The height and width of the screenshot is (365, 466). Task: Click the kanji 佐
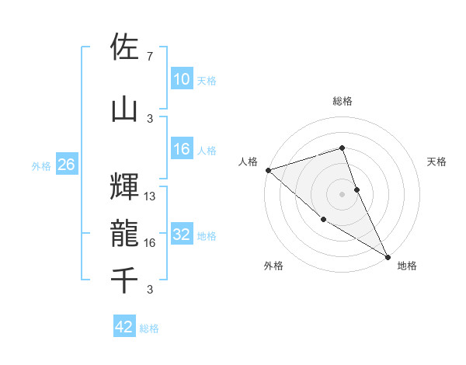pyautogui.click(x=125, y=47)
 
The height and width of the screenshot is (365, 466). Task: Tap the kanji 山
pyautogui.click(x=125, y=109)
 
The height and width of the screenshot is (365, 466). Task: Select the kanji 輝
pyautogui.click(x=125, y=186)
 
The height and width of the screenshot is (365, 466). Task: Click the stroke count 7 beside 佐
pyautogui.click(x=149, y=57)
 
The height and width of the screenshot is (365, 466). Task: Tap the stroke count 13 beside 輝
pyautogui.click(x=150, y=196)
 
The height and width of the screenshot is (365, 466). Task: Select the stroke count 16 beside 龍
pyautogui.click(x=150, y=243)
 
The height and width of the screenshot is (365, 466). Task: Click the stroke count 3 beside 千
pyautogui.click(x=149, y=290)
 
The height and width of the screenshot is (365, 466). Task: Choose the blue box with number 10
pyautogui.click(x=182, y=79)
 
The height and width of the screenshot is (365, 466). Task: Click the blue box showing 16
pyautogui.click(x=182, y=149)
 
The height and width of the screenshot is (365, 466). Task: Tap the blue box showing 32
pyautogui.click(x=182, y=235)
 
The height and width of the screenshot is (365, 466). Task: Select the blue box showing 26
pyautogui.click(x=66, y=165)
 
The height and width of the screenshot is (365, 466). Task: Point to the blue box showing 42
pyautogui.click(x=124, y=327)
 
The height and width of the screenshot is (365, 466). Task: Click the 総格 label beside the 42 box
pyautogui.click(x=149, y=328)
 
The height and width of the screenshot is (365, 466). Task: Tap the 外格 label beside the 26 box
pyautogui.click(x=41, y=165)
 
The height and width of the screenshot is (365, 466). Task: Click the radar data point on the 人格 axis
pyautogui.click(x=267, y=170)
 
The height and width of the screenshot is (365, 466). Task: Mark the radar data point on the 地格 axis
pyautogui.click(x=387, y=256)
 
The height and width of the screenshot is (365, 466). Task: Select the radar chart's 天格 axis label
pyautogui.click(x=437, y=162)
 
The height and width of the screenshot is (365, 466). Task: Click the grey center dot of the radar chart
pyautogui.click(x=342, y=193)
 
